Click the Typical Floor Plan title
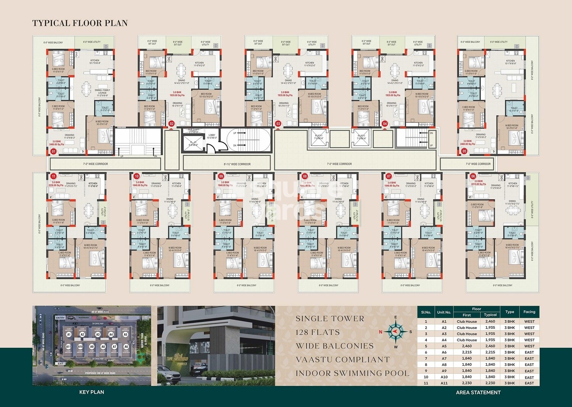click(x=80, y=23)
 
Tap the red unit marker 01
click(x=53, y=152)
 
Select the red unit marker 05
click(x=464, y=151)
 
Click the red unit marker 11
click(x=53, y=176)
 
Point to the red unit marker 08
click(x=305, y=176)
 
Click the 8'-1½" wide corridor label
click(x=237, y=164)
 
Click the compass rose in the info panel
click(x=395, y=331)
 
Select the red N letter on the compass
click(x=380, y=332)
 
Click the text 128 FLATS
click(x=317, y=332)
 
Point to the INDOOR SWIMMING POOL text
click(x=352, y=373)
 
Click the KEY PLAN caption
click(x=92, y=392)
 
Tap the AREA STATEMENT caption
click(x=478, y=392)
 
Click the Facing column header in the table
click(x=529, y=312)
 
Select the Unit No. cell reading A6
click(x=444, y=352)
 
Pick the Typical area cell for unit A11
click(x=490, y=383)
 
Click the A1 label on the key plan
click(x=69, y=334)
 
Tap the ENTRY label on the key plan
click(x=60, y=318)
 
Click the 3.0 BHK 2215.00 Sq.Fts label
click(x=477, y=183)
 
